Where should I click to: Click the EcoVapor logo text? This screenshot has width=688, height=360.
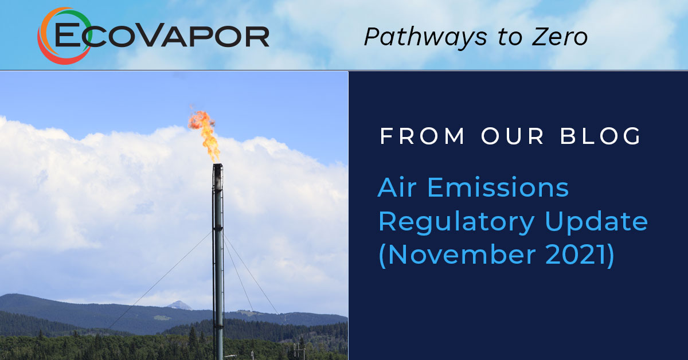click(162, 36)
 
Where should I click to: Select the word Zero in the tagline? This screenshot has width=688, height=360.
click(560, 37)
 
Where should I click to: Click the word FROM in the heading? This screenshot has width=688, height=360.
click(422, 136)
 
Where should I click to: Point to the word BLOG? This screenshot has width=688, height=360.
click(600, 136)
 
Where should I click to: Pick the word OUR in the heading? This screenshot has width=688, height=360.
click(513, 136)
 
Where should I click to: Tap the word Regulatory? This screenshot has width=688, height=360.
click(457, 222)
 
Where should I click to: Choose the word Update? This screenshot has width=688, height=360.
click(596, 222)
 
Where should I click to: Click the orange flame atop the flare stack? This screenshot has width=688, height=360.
click(205, 135)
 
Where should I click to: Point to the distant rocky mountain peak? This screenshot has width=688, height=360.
click(179, 305)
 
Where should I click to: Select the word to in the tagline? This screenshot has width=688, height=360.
click(510, 37)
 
